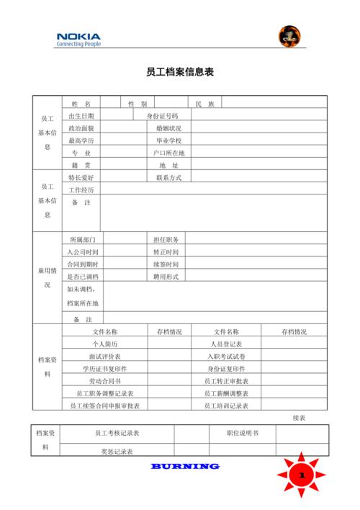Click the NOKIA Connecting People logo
tap(78, 39)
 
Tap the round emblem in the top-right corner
tap(289, 36)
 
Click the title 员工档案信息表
tap(180, 73)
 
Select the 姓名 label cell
tap(81, 104)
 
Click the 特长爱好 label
tap(81, 177)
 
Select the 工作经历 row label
tap(81, 189)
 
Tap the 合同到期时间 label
tap(83, 264)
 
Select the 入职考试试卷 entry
tap(225, 357)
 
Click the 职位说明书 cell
tap(242, 433)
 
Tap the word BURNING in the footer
tap(185, 466)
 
